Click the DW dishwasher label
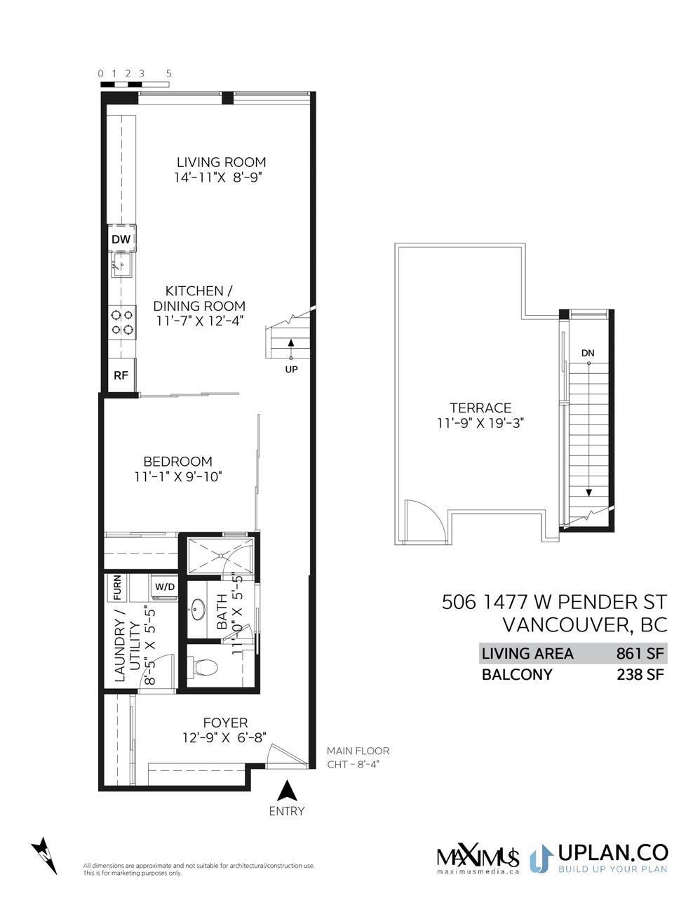coord(121,239)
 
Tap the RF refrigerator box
coord(121,375)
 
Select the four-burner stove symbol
coord(122,322)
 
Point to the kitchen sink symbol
coord(121,265)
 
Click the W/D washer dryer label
coord(165,587)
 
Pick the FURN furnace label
coord(117,587)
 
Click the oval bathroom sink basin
coord(197,609)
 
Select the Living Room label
coord(222,162)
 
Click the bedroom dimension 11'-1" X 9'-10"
coord(178,477)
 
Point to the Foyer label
coord(225,723)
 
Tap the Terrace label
coord(480,408)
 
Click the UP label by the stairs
coord(291,369)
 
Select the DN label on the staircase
coord(588,353)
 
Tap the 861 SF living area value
coord(640,653)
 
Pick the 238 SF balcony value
coord(640,674)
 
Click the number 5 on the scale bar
coord(168,74)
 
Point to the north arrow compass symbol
coord(45,856)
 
